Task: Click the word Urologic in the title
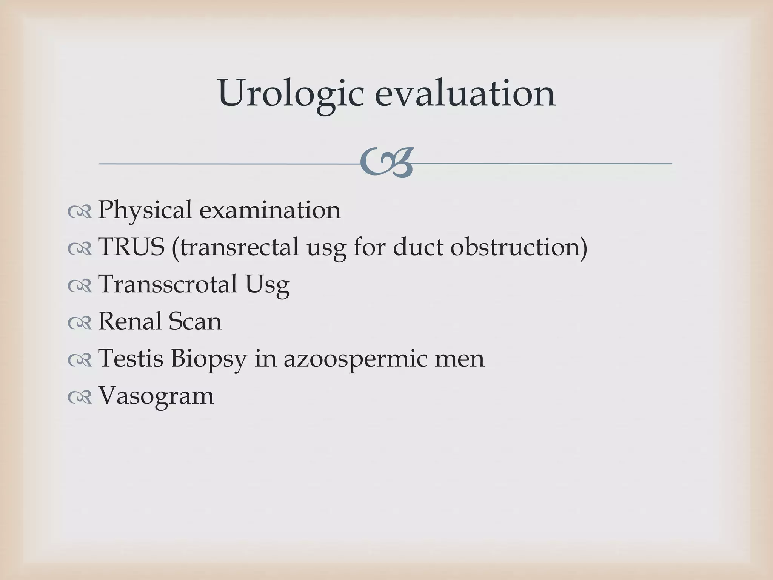[291, 93]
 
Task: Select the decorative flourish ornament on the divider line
[386, 163]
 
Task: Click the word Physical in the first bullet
[145, 210]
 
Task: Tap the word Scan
[195, 321]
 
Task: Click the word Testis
[131, 358]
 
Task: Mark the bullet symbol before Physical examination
[80, 211]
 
